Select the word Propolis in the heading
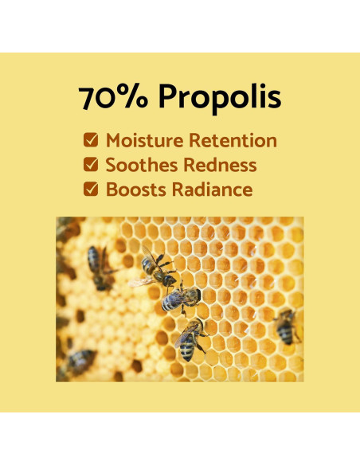(219, 98)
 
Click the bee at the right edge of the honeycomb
(285, 326)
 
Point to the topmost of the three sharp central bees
(158, 271)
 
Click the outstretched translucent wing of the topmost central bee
(142, 281)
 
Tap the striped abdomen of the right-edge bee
(285, 333)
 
